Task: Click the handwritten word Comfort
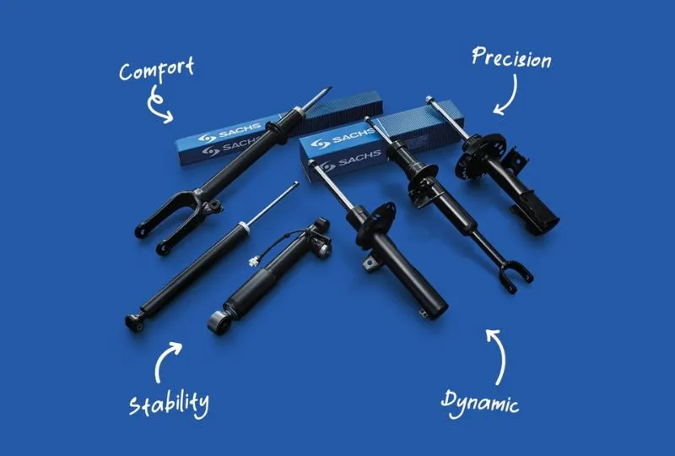tap(156, 70)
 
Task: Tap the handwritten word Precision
tap(511, 57)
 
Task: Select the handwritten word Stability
tap(170, 404)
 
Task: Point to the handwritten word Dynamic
tap(480, 404)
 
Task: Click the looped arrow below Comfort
tap(157, 105)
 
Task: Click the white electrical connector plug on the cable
tap(255, 261)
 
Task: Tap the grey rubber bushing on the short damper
tap(217, 323)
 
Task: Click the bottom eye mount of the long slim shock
tap(134, 323)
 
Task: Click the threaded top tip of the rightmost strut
tap(429, 99)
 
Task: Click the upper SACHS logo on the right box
tap(343, 139)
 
